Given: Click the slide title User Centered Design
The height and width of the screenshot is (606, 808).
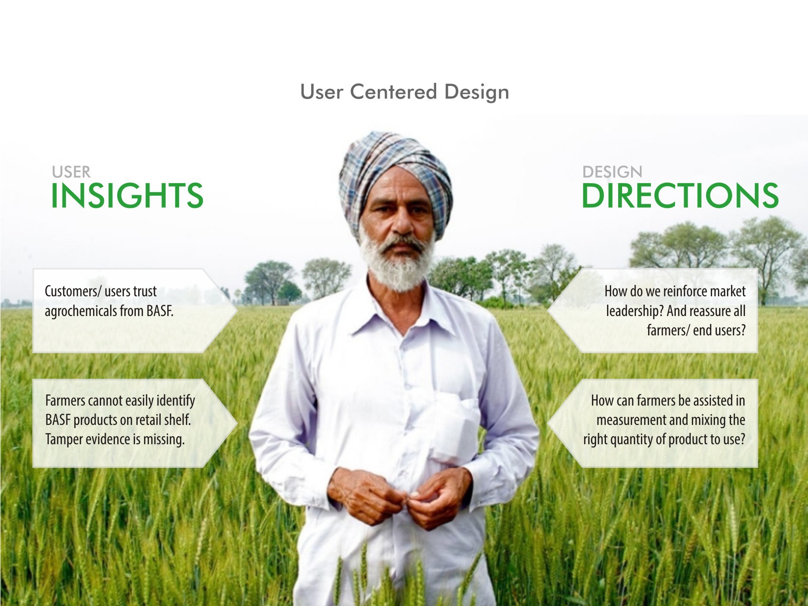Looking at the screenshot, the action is click(x=405, y=92).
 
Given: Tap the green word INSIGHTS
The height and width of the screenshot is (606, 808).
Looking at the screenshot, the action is click(x=127, y=196).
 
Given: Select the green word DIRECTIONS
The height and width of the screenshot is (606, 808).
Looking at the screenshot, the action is click(x=680, y=196).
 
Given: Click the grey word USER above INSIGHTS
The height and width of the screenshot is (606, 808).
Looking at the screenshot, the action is click(x=71, y=172).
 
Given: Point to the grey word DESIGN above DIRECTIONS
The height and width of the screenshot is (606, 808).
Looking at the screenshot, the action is click(x=612, y=172).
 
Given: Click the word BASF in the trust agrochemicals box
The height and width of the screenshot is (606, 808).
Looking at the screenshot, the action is click(x=160, y=311).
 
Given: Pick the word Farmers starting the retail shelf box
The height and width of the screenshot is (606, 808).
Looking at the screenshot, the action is click(x=66, y=400).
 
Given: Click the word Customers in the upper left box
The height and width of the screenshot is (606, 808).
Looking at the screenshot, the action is click(x=69, y=292).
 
